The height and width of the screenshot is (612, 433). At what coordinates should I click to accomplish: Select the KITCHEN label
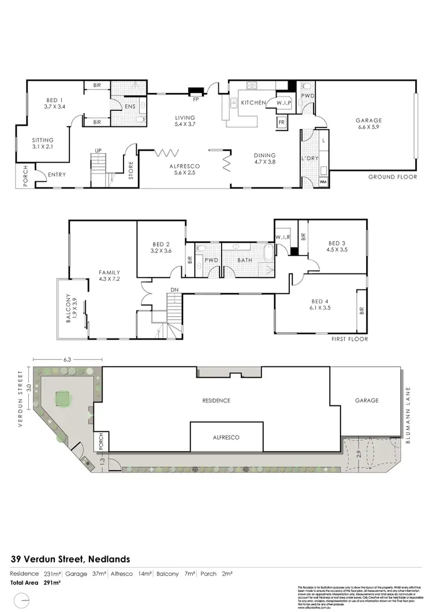(253, 103)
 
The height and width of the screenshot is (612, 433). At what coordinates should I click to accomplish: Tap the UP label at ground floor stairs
(98, 151)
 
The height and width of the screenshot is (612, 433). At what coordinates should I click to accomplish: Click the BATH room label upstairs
(245, 260)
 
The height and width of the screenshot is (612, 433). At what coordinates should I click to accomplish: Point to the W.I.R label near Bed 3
(282, 237)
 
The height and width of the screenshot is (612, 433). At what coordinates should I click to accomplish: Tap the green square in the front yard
(62, 398)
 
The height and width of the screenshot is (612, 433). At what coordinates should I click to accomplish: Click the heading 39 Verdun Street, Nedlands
(70, 559)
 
